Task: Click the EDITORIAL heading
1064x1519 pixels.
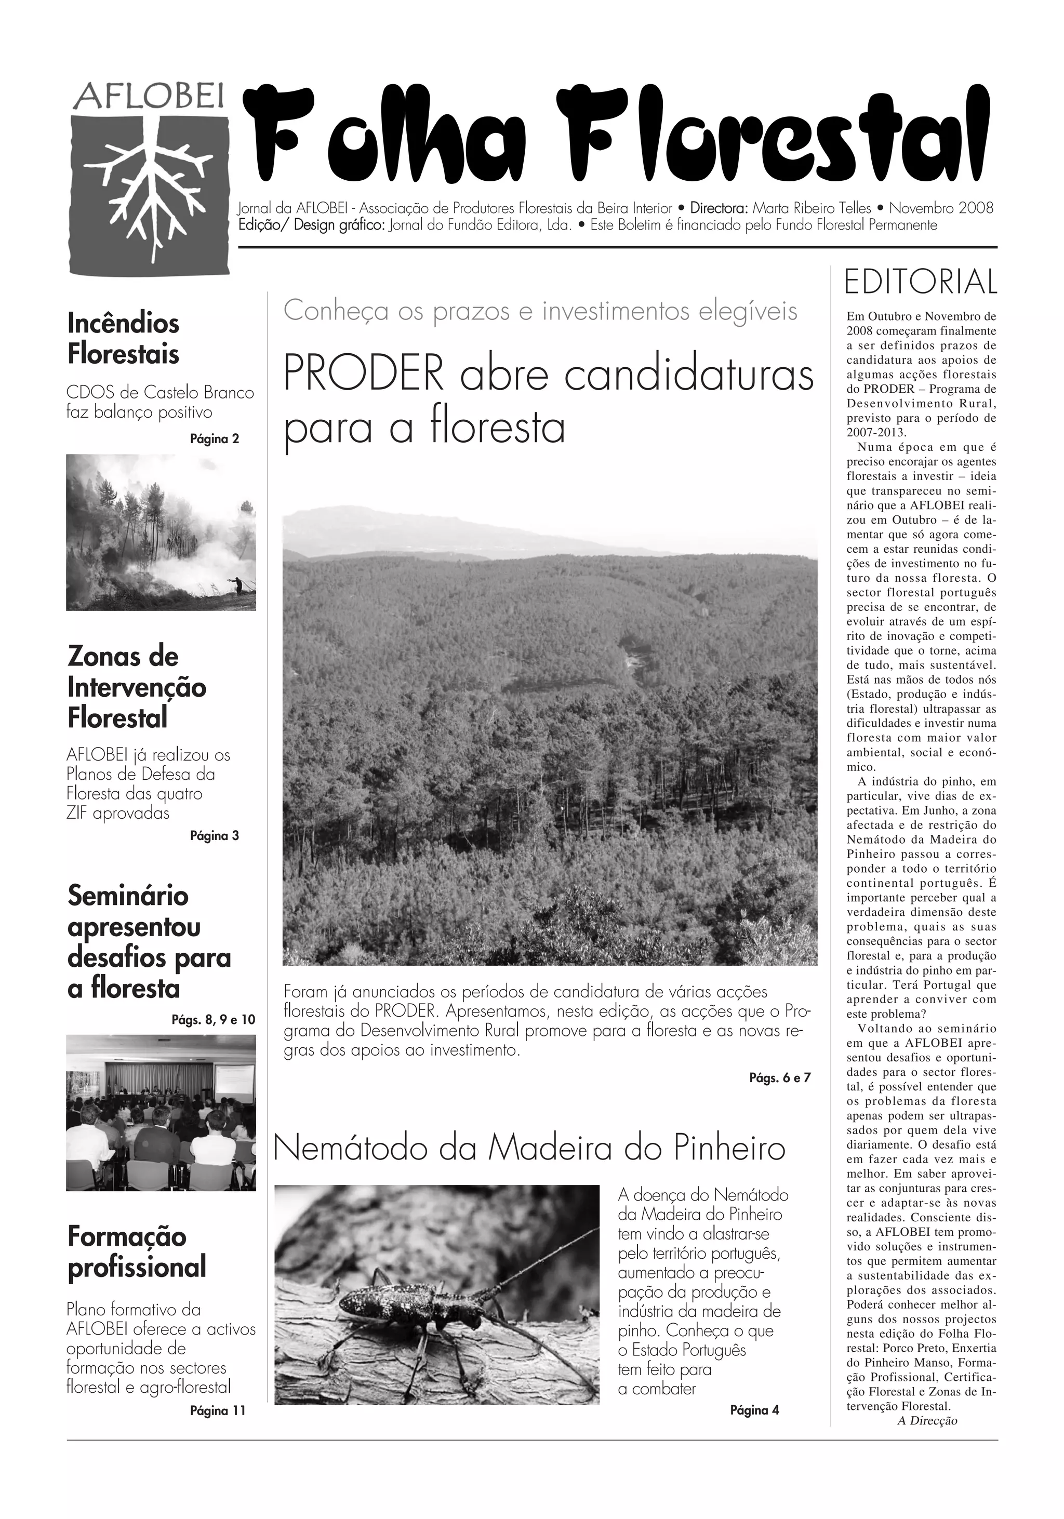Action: [x=921, y=283]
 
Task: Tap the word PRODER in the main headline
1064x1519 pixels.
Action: [x=363, y=375]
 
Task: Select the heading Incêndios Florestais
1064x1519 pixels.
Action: [x=124, y=338]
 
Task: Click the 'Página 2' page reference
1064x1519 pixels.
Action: [x=215, y=438]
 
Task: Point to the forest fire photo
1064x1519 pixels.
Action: [x=161, y=532]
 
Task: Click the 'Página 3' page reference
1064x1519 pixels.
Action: [x=215, y=835]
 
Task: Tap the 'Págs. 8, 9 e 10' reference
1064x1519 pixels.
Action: [x=213, y=1019]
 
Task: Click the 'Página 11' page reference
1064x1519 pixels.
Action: [x=217, y=1411]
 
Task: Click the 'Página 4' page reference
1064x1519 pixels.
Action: [x=754, y=1410]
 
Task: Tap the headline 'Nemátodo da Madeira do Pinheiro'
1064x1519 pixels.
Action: [x=529, y=1149]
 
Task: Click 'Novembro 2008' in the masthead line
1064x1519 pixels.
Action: [x=941, y=208]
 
